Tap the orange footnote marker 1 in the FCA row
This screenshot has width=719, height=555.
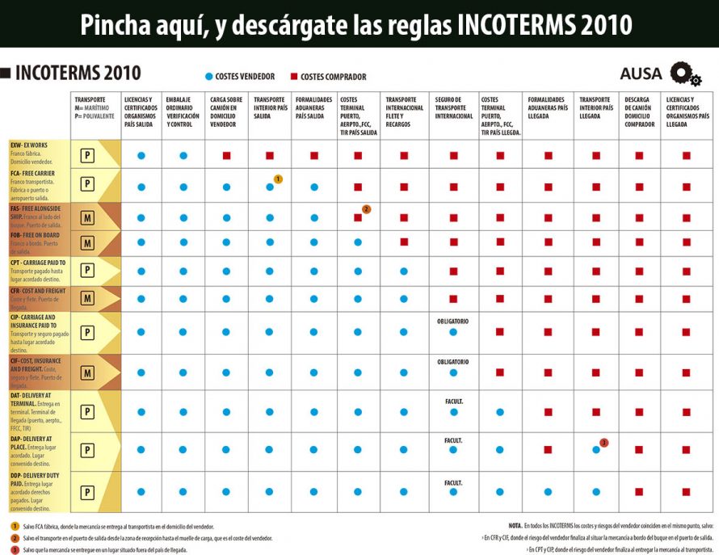(278, 179)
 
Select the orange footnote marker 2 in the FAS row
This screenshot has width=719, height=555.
(366, 209)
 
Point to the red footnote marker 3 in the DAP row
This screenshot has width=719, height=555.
(603, 443)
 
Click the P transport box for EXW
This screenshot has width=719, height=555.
(87, 155)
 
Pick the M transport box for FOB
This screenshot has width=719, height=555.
(87, 242)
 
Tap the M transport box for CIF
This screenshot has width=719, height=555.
(87, 372)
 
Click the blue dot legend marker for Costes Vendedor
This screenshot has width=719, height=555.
(208, 77)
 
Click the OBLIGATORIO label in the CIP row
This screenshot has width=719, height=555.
(453, 321)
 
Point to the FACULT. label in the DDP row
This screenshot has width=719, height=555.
(453, 483)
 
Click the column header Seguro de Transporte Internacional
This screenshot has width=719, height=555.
(454, 107)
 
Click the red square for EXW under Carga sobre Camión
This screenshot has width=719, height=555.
(228, 155)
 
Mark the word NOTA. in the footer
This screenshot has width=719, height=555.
(516, 525)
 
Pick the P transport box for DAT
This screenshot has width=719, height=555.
(87, 411)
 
